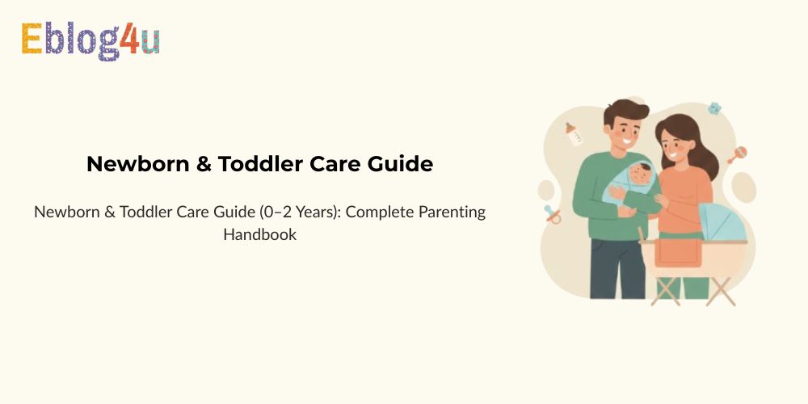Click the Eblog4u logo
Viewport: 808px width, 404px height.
90,40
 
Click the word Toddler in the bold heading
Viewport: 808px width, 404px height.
267,164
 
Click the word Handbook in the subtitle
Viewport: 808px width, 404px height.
260,235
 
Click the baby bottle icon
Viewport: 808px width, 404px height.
575,134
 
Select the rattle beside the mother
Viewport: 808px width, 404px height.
736,155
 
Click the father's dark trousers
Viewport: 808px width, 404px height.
606,271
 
